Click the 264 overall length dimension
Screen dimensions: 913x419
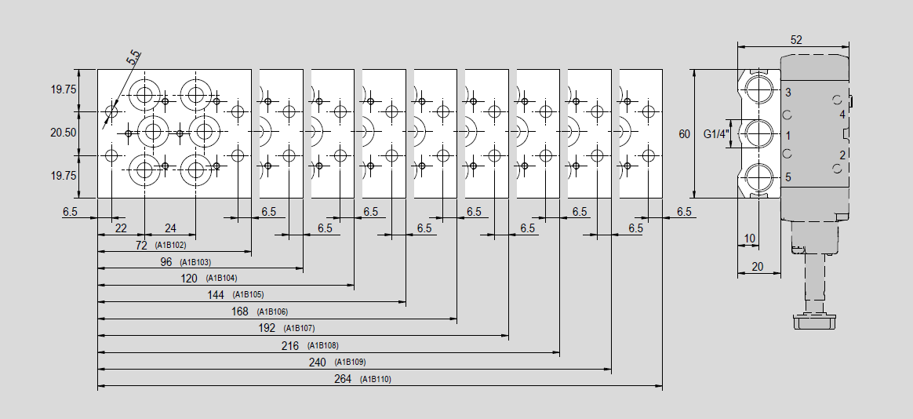(x=343, y=379)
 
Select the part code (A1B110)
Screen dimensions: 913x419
(x=376, y=380)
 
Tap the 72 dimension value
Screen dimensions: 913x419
(x=141, y=246)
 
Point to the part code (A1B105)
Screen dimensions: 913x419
(x=248, y=295)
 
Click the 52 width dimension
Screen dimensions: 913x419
(x=797, y=40)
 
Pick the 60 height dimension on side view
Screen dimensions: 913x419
(x=684, y=135)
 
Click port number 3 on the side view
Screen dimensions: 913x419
(x=788, y=93)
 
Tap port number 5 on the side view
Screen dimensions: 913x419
(x=788, y=177)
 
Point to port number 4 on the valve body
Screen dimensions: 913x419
(x=842, y=115)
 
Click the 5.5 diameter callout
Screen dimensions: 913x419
(x=133, y=57)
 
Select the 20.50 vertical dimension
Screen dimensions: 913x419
(x=64, y=133)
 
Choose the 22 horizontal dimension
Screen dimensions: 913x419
(x=121, y=228)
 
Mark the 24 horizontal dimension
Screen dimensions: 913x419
(x=170, y=228)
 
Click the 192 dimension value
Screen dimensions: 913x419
(x=267, y=328)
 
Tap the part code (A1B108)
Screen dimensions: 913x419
(x=322, y=345)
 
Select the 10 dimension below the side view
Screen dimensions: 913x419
(x=749, y=239)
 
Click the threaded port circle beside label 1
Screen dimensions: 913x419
(x=758, y=134)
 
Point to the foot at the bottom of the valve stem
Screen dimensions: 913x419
(x=813, y=322)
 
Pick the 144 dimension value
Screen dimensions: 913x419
(x=216, y=295)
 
